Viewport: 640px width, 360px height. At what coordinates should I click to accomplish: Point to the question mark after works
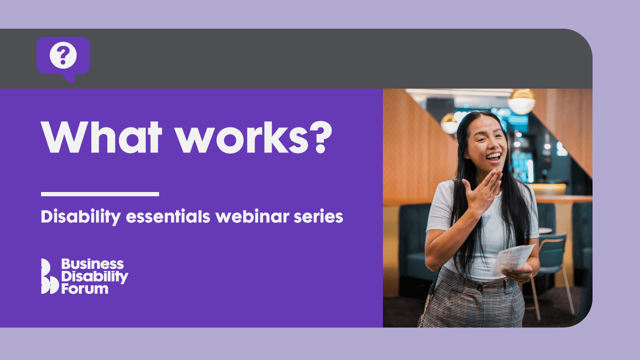(x=321, y=138)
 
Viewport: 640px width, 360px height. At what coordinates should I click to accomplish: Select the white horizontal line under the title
(x=100, y=194)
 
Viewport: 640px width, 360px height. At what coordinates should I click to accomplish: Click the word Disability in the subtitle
(x=81, y=217)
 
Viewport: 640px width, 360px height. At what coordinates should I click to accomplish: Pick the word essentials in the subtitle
(x=169, y=217)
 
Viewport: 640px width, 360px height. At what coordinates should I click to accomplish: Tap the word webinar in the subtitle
(x=253, y=217)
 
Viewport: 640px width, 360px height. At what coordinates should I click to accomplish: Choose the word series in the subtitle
(x=318, y=217)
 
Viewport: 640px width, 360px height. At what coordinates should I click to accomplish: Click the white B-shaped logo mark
(x=49, y=276)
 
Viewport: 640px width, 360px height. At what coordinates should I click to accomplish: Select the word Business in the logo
(x=93, y=264)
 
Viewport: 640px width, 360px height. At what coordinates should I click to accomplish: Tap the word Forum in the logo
(x=85, y=289)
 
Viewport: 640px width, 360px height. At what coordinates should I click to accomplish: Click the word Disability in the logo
(x=95, y=277)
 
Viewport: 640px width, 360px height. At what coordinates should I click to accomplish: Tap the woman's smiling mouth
(x=494, y=157)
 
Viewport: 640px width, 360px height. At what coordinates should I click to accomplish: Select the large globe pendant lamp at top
(x=522, y=102)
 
